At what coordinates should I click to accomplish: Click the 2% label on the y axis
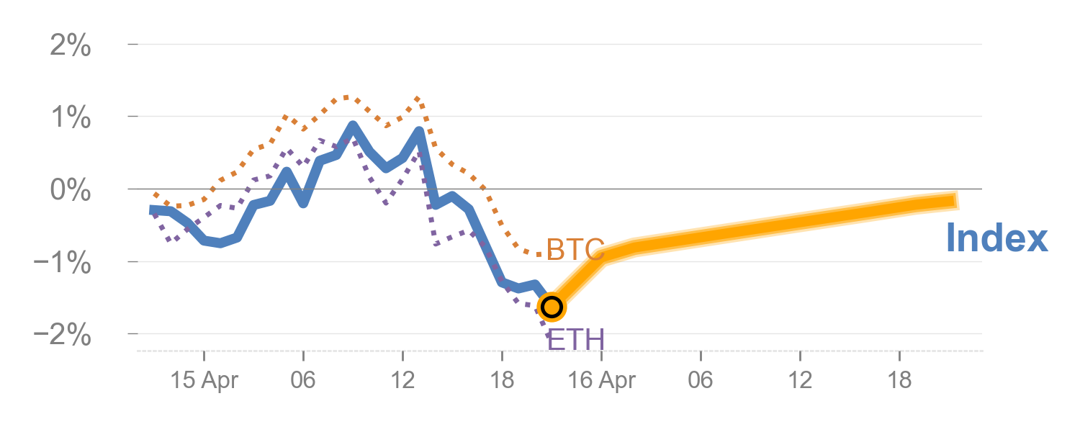(70, 47)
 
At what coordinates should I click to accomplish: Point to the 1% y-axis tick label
(70, 119)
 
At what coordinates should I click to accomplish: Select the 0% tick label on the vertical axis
(70, 192)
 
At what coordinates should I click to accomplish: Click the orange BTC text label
(575, 250)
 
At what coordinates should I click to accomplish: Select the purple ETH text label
(575, 338)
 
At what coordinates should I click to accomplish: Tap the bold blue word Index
(996, 238)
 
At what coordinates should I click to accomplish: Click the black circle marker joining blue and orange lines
(552, 307)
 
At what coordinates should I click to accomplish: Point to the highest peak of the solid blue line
(353, 127)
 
